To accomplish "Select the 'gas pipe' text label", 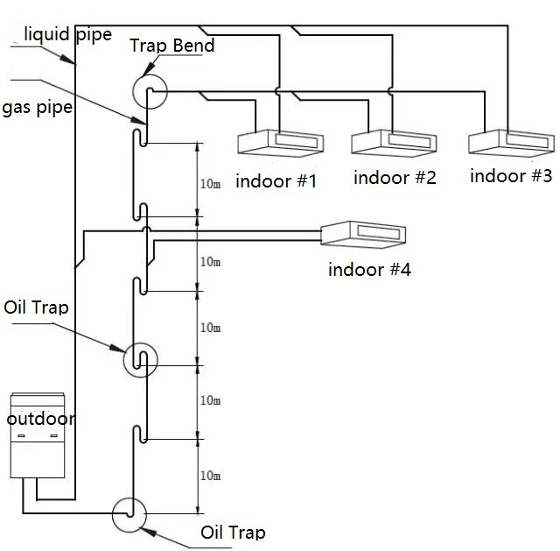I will click(x=37, y=108).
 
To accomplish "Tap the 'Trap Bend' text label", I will click(x=171, y=46).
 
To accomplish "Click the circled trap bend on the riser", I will click(x=146, y=91).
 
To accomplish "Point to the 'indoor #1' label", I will click(x=276, y=181).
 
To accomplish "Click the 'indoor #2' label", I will click(x=395, y=178).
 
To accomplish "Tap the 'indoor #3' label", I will click(x=511, y=175).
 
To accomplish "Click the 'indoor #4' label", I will click(x=369, y=269).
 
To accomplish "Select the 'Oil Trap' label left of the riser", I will click(x=36, y=307).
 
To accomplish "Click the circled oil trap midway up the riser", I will click(x=141, y=359).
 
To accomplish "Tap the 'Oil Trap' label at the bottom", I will click(x=233, y=533).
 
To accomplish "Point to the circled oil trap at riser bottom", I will click(x=129, y=514).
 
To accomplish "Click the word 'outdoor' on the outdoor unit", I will click(x=41, y=419).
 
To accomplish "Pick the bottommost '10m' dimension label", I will click(x=210, y=476).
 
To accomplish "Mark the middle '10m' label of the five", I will click(x=210, y=327).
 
